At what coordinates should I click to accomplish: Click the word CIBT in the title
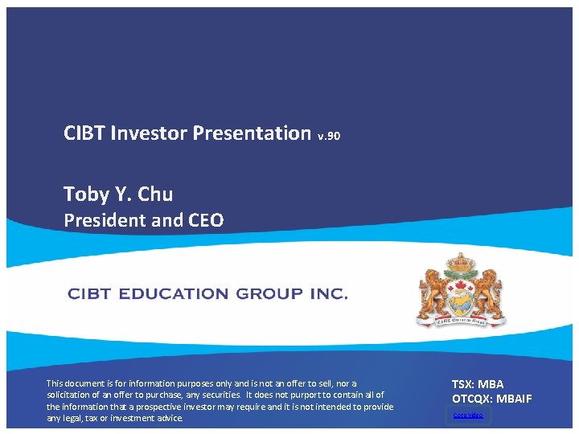tap(84, 133)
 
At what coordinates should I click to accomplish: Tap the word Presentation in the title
tap(252, 133)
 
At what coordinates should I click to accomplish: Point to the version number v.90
tap(330, 136)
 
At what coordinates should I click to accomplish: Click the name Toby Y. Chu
tap(118, 194)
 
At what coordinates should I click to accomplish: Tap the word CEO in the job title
tap(205, 219)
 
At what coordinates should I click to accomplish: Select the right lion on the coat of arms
tap(488, 293)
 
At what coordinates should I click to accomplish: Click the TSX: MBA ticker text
tap(478, 384)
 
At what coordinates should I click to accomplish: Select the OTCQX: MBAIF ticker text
tap(491, 399)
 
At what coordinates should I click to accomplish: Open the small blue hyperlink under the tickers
tap(468, 415)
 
